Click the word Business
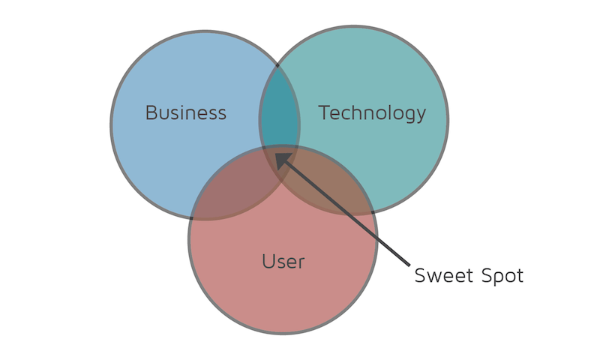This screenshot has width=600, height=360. click(186, 112)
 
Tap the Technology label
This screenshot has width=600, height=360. click(372, 113)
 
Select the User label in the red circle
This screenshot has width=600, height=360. click(283, 262)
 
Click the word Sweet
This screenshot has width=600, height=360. click(444, 275)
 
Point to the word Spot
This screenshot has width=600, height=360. click(502, 275)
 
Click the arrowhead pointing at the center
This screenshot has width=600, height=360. click(283, 160)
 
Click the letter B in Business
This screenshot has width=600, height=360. click(151, 112)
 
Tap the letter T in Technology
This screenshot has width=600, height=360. click(325, 112)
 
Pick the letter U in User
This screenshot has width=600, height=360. click(268, 262)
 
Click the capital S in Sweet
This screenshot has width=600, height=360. click(420, 275)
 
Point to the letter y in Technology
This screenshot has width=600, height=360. click(421, 116)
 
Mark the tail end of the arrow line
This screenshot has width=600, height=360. click(409, 265)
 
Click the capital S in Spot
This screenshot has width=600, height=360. click(487, 275)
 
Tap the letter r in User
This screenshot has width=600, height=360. click(301, 264)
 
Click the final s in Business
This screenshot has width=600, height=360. click(222, 115)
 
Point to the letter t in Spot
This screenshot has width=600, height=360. click(520, 277)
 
